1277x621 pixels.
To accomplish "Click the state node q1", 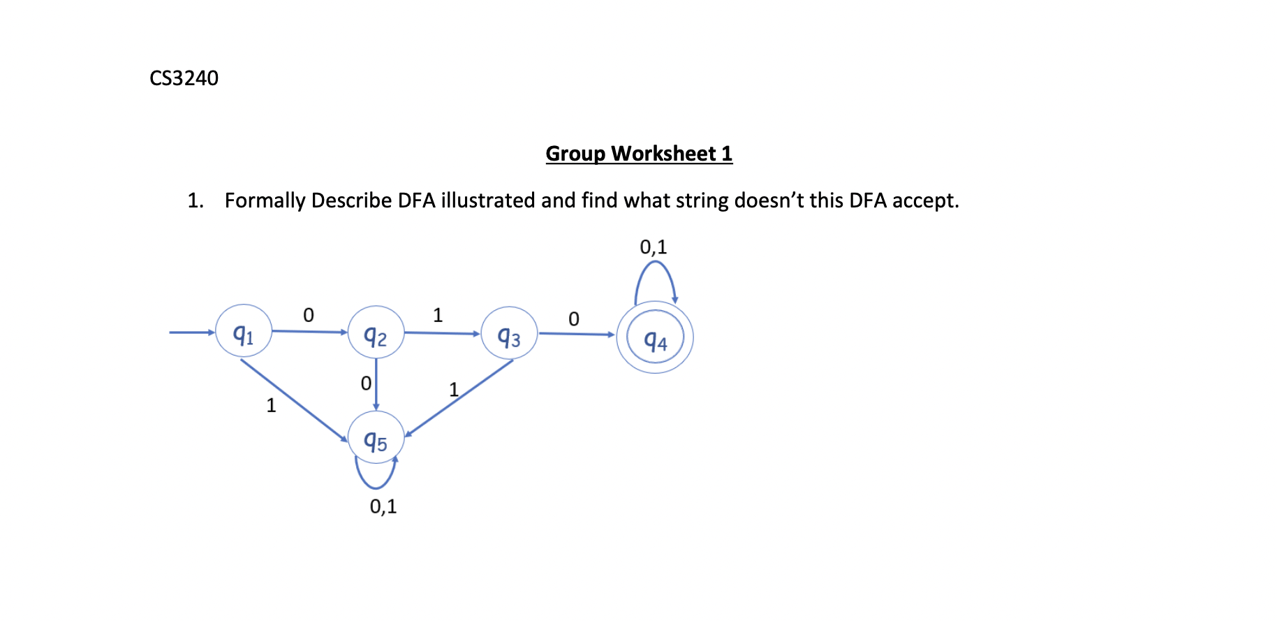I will point(243,331).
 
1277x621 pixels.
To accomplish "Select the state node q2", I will point(376,333).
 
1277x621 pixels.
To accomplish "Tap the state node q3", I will point(509,334).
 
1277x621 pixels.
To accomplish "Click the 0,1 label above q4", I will point(654,247).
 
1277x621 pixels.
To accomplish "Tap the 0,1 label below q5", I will point(383,506).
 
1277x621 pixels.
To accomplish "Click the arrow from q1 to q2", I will point(309,331).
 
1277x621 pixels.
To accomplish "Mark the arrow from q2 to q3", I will point(442,333).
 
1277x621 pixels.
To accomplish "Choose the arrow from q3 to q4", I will point(576,335).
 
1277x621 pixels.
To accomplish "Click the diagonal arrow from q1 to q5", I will point(293,399).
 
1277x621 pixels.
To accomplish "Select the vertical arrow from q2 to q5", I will point(376,384).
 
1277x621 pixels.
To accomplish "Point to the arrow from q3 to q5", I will point(459,397).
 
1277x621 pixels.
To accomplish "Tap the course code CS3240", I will point(184,78).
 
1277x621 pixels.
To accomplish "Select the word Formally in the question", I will point(265,201).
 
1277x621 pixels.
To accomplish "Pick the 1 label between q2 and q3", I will point(438,315).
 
